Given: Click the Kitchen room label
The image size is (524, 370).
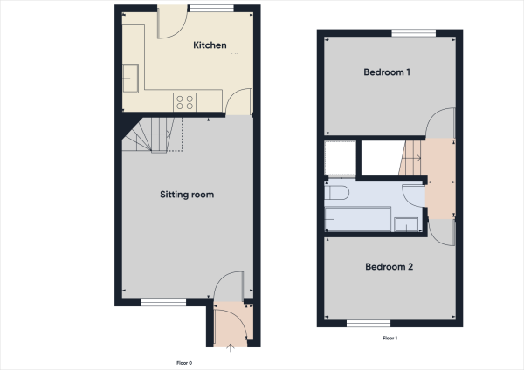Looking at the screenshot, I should point(210,45).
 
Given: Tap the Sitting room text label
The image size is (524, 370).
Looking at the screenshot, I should point(186,195).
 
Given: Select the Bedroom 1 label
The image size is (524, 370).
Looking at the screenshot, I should point(387,72).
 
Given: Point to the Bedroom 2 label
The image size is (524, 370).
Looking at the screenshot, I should point(389,267).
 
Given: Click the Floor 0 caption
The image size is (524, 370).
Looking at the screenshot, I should point(183,362).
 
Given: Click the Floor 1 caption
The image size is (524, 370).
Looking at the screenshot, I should point(390,338).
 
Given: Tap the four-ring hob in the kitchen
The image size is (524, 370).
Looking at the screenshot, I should point(184,100).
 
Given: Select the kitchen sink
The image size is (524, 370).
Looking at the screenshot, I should point(134,77).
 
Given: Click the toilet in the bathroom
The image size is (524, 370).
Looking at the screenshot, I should point(338,191).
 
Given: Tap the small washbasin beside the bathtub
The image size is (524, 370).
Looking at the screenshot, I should point(406,224).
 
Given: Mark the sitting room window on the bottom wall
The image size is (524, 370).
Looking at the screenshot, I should point(163,303).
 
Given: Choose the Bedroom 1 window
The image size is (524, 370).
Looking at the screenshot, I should point(412,34).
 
